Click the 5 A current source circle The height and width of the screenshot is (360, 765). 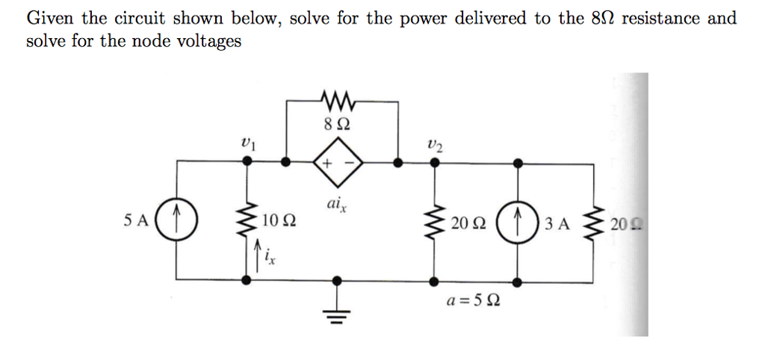(177, 221)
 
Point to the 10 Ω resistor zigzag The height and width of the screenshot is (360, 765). (247, 221)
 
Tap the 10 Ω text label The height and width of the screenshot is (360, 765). (278, 222)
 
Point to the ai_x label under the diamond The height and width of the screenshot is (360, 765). (335, 205)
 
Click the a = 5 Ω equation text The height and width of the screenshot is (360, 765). (474, 302)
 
